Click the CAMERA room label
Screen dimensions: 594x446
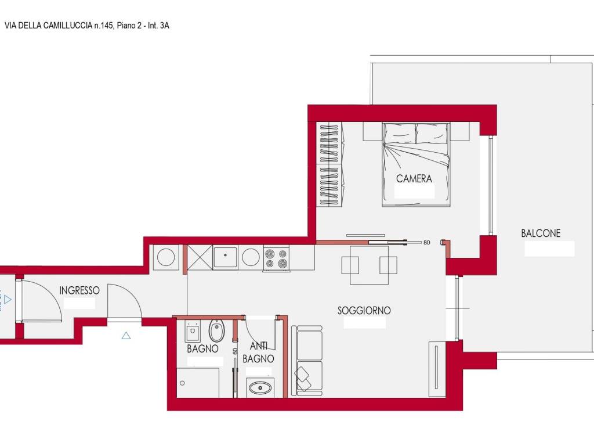coord(414,178)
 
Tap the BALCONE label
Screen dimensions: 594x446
coord(541,233)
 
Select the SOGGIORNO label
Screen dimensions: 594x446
coord(364,311)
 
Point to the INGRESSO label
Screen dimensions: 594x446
coord(79,290)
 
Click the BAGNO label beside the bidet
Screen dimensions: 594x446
coord(202,348)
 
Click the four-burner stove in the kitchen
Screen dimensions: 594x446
coord(276,258)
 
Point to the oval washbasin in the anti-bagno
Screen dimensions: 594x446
coord(260,388)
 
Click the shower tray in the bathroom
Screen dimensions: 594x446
coord(198,383)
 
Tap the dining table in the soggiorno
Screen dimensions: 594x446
coord(369,265)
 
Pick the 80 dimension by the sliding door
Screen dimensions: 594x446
coord(426,242)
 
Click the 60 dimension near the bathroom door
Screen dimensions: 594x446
coord(235,351)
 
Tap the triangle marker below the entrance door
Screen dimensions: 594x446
coord(126,336)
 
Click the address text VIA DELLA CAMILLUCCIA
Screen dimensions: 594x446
coord(48,26)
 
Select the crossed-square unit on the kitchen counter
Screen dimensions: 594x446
coord(200,257)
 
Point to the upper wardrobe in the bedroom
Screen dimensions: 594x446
coord(329,143)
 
